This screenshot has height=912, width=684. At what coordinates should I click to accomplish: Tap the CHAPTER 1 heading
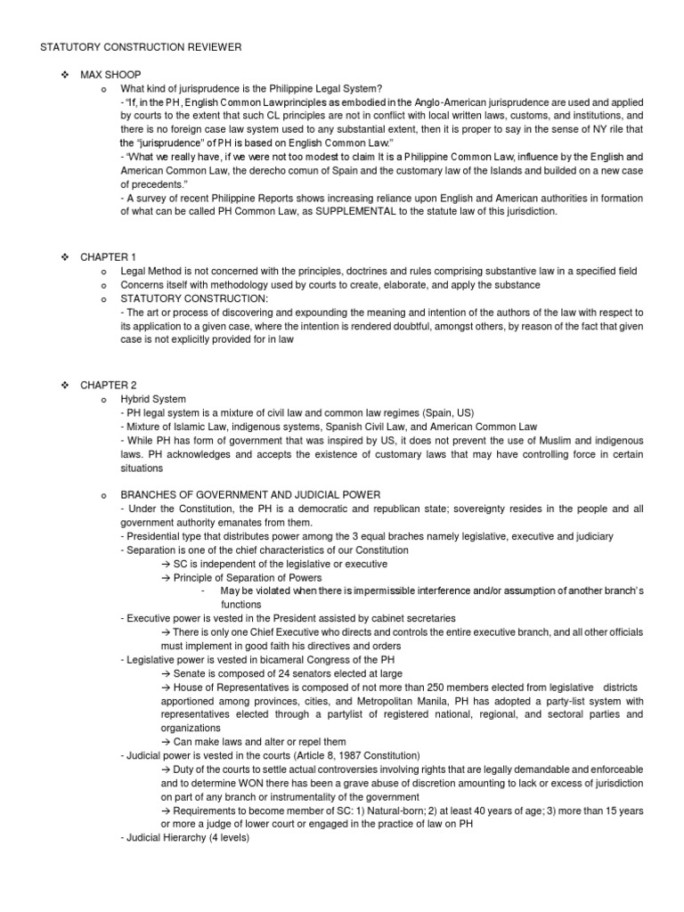108,257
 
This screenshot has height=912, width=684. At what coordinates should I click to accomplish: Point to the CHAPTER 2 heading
108,384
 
